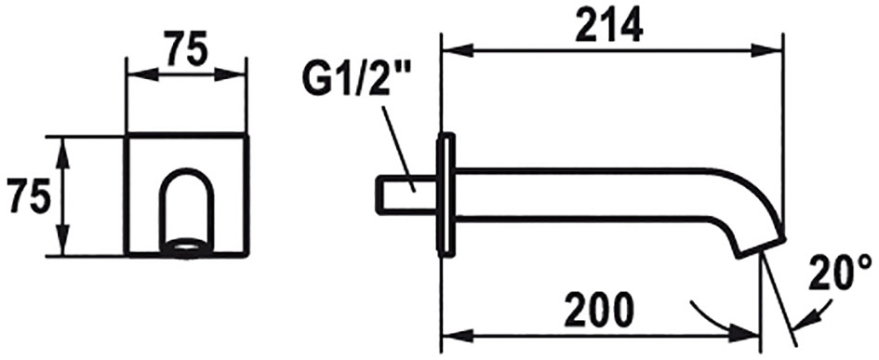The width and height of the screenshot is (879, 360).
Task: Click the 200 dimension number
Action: point(599,310)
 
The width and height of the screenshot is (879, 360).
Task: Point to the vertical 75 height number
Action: point(26,196)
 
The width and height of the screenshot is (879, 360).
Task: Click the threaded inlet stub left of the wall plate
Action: point(406,194)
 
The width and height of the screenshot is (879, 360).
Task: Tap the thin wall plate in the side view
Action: point(446,195)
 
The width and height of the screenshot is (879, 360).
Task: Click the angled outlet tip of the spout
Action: point(761,247)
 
